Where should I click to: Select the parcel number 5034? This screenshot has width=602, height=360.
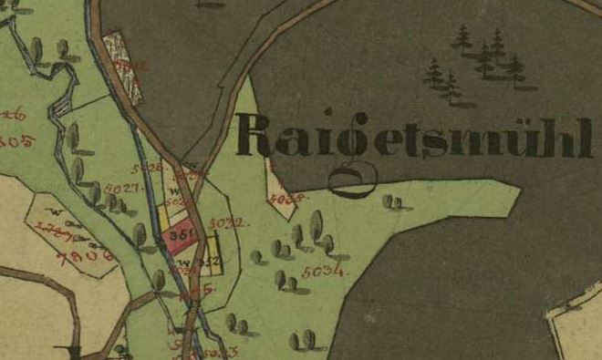pos(324,271)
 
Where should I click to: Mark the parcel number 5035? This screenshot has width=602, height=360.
pos(284,197)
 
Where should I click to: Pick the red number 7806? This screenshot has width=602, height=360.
pos(84,256)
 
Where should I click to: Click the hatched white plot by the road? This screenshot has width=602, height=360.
pos(124,67)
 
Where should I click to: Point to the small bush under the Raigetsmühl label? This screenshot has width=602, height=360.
pos(391,201)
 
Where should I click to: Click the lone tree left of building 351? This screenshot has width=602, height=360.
pos(140,235)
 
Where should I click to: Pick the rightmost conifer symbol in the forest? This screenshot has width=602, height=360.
pos(515,67)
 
